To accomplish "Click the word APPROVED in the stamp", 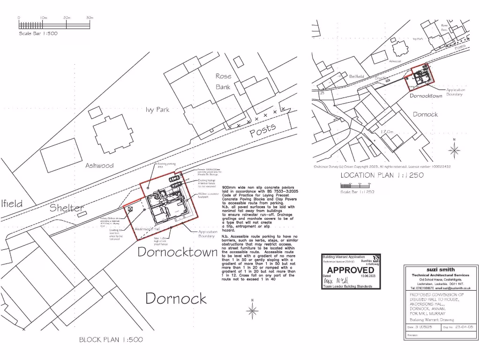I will [351, 270].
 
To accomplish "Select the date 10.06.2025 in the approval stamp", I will [368, 276].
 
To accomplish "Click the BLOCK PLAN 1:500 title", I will [111, 339].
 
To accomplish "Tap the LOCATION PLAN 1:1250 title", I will [382, 175].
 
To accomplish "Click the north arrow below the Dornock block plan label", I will [253, 309].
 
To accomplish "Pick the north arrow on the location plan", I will [454, 149].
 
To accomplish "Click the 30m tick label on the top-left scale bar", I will [90, 18].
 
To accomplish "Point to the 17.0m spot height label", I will [387, 132].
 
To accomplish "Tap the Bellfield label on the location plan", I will [357, 76].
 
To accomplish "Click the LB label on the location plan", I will [322, 93].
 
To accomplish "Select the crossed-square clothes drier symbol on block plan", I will [131, 209].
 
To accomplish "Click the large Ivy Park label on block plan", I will [157, 110].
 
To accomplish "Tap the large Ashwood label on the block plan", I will [99, 165].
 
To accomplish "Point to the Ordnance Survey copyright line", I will [382, 166].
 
